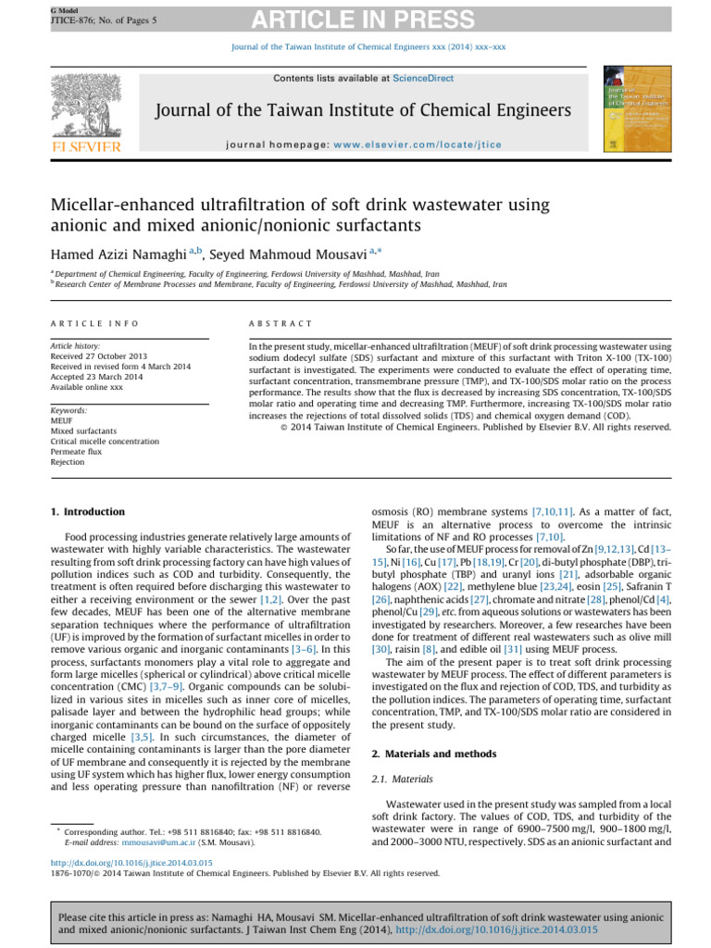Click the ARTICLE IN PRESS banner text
click(x=355, y=18)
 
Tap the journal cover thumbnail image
click(x=625, y=109)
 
